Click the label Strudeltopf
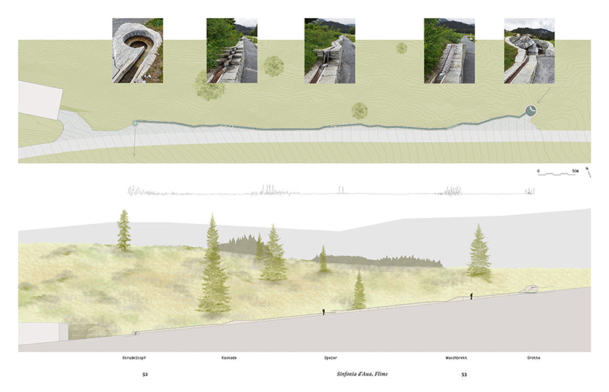coord(134,357)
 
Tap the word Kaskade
coord(229,357)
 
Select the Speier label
coord(331,357)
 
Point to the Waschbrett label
coord(456,357)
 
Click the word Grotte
coord(534,357)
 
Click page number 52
coord(145,375)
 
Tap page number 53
coord(464,375)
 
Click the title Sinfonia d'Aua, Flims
coord(362,374)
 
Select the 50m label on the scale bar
coord(575,171)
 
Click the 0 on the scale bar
coord(538,171)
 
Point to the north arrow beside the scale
coord(589,172)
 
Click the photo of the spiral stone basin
coord(137,51)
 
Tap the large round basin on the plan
coord(531,111)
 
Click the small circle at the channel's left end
coord(135,123)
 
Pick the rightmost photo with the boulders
coord(529,51)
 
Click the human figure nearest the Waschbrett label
coord(471,296)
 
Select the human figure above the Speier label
coord(323,312)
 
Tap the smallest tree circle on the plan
coord(402,48)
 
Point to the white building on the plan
coord(40,99)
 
